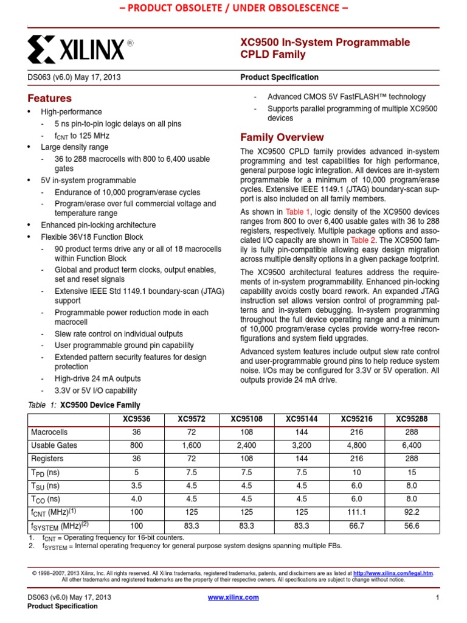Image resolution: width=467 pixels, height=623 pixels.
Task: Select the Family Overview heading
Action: tap(282, 137)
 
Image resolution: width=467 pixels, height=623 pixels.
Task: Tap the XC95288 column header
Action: tap(411, 419)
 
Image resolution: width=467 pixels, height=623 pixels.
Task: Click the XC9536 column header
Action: tap(136, 419)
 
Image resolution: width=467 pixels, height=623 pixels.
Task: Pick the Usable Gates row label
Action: tap(54, 445)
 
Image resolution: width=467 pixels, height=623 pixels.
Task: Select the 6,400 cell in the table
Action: tap(411, 445)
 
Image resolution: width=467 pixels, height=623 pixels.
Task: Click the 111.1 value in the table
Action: tap(356, 512)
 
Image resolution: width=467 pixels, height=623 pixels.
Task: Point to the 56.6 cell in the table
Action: tap(411, 525)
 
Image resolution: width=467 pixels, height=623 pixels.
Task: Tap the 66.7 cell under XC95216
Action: tap(356, 525)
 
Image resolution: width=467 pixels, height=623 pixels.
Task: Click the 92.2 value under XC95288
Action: tap(411, 512)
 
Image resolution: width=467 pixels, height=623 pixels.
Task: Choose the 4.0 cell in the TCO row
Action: tap(136, 498)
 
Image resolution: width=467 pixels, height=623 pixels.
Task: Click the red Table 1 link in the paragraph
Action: tap(298, 212)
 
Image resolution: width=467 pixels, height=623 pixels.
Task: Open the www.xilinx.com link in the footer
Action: tap(233, 597)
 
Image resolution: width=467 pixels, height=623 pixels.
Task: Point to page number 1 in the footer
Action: tap(437, 597)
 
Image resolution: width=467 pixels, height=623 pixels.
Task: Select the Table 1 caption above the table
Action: tap(85, 405)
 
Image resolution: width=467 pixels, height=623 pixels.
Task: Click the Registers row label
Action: tap(47, 459)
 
